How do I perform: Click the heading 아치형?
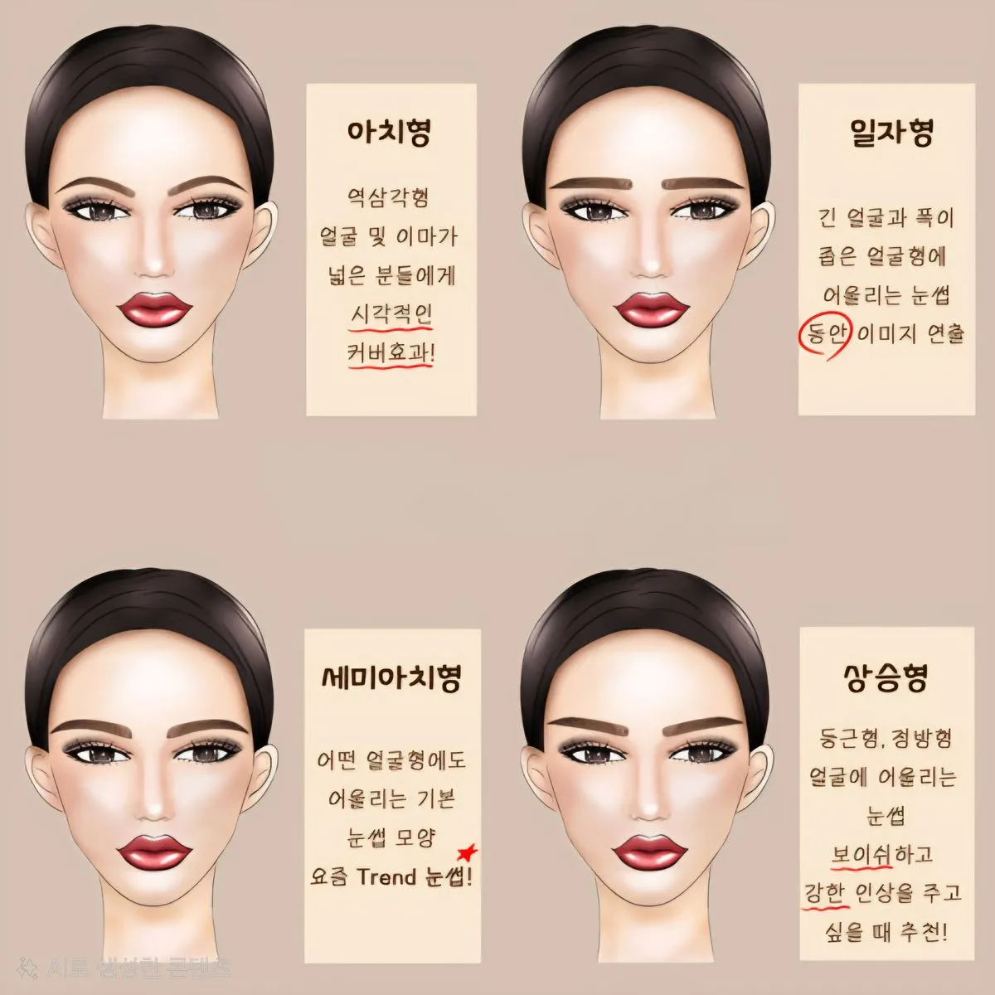pyautogui.click(x=389, y=132)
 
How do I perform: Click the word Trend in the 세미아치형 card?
pyautogui.click(x=386, y=876)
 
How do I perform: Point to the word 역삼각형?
pyautogui.click(x=388, y=198)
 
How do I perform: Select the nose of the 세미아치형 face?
pyautogui.click(x=153, y=808)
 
